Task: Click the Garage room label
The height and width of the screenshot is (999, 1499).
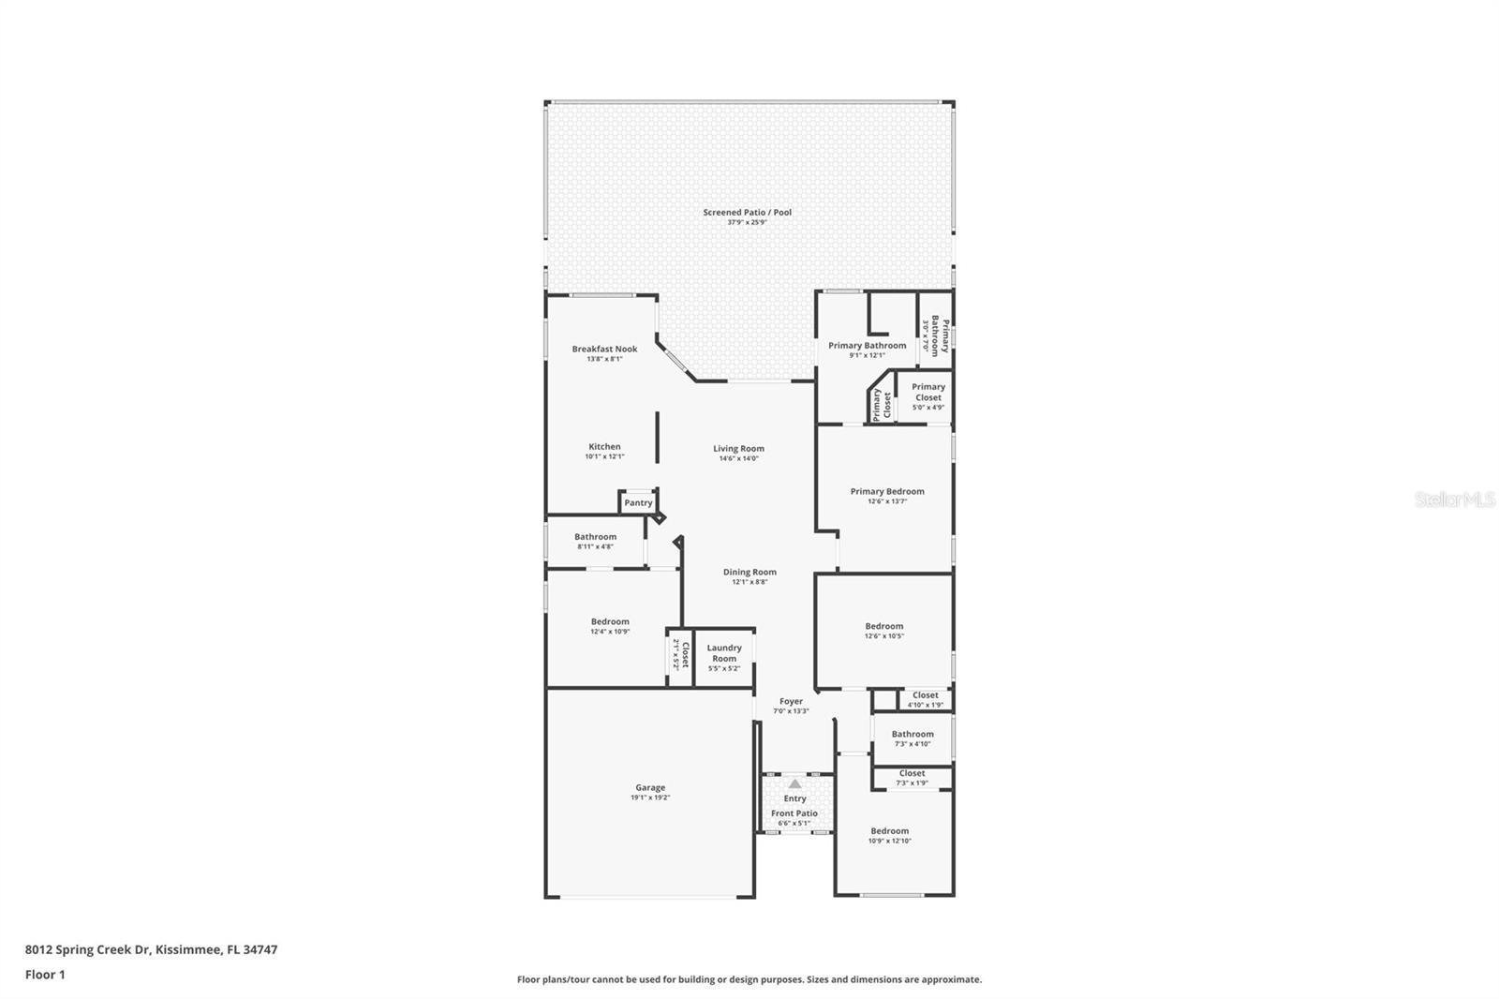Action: pos(650,788)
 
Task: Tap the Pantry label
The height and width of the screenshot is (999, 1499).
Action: pos(638,503)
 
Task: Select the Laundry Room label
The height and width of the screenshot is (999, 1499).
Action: pos(724,653)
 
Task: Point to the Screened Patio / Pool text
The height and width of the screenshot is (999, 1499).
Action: pos(747,213)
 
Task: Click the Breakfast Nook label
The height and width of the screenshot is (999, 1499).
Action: pos(604,349)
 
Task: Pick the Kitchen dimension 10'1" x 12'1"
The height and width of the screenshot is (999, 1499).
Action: pos(604,457)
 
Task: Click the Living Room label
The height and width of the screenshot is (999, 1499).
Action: pos(738,449)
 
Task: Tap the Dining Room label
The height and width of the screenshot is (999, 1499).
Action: pos(749,572)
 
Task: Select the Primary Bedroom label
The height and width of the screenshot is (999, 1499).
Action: pos(887,491)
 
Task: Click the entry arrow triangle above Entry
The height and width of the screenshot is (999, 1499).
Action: pos(794,783)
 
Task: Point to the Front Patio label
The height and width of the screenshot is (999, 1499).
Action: pos(794,813)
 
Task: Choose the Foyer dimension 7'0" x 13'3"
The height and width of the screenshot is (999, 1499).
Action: pos(791,711)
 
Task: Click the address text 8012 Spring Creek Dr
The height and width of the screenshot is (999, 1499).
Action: pos(88,949)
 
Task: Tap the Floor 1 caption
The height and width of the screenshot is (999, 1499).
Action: pos(45,975)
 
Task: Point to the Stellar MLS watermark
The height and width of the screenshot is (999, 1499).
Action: pos(1454,499)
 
